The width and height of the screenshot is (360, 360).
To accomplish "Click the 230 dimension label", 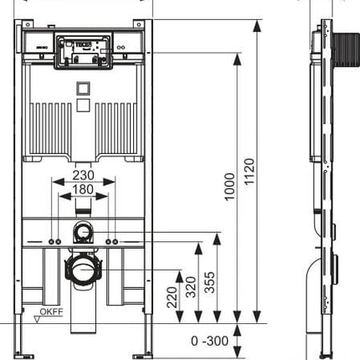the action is (x=84, y=175).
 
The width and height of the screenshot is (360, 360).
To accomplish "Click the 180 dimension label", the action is (x=84, y=189).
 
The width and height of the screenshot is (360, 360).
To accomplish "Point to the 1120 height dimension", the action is (x=249, y=172).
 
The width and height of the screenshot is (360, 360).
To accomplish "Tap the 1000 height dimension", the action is (x=230, y=187).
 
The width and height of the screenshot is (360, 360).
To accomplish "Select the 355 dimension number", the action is (x=209, y=282).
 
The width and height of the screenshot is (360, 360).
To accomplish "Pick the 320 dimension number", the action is (x=191, y=287).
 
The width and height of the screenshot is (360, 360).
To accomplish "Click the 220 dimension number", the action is (x=172, y=297).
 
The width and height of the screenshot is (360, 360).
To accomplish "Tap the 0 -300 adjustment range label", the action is (x=209, y=341).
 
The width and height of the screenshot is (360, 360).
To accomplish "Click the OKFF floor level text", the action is (x=52, y=311).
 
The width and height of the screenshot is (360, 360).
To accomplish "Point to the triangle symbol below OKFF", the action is (x=37, y=320).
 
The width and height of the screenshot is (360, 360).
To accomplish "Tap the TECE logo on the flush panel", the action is (x=83, y=44).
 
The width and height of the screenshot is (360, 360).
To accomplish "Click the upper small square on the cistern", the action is (x=84, y=89).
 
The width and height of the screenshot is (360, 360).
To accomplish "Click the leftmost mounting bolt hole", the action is (x=52, y=242).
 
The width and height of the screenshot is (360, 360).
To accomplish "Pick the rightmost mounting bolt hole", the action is (x=115, y=242).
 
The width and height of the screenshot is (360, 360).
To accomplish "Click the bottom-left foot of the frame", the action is (x=23, y=356).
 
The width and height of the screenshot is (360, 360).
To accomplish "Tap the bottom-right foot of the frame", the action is (x=143, y=356).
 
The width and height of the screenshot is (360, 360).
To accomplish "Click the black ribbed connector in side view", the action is (x=346, y=49).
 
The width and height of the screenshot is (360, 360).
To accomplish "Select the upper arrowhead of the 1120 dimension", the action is (x=257, y=27).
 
